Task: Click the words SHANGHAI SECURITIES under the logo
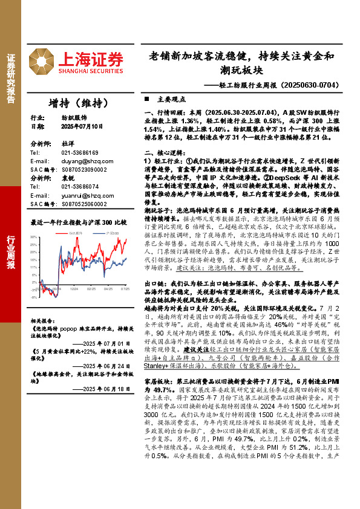91,71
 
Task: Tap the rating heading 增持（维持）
74,102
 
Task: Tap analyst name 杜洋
67,144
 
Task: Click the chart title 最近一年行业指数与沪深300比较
79,222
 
